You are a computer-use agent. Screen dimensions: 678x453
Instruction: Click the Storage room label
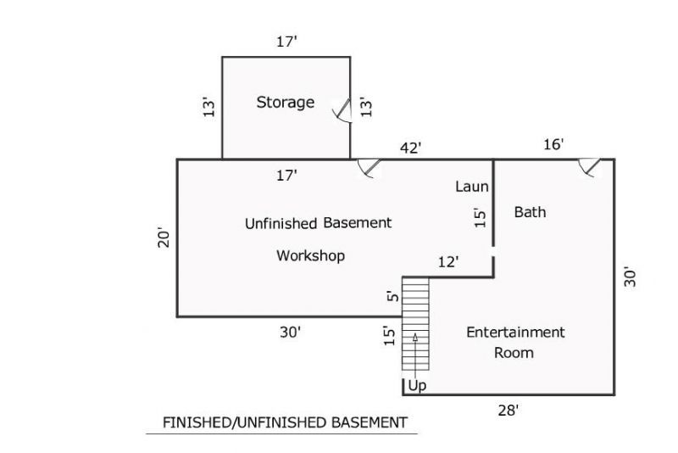(286, 103)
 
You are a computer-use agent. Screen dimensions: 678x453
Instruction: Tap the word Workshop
(310, 255)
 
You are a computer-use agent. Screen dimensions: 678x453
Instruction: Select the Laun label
(472, 187)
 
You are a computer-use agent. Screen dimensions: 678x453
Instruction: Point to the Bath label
(531, 212)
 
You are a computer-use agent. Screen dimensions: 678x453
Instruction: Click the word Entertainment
(515, 333)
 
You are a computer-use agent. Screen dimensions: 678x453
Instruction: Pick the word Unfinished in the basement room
(281, 223)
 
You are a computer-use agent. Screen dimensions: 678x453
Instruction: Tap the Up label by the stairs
(417, 385)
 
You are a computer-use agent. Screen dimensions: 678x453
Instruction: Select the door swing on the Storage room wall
(342, 110)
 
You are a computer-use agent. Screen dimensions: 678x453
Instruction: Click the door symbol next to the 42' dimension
(369, 168)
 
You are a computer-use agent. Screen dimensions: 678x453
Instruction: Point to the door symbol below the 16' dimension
(589, 167)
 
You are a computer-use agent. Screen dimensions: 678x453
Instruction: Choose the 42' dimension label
(410, 148)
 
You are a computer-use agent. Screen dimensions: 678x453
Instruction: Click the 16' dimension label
(553, 144)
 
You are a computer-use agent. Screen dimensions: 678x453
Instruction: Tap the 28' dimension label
(508, 411)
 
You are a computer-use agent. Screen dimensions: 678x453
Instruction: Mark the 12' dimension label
(448, 262)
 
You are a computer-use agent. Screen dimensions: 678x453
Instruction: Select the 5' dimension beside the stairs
(392, 296)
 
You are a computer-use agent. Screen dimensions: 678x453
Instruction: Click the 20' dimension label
(164, 238)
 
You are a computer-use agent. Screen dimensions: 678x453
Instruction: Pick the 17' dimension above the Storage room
(287, 42)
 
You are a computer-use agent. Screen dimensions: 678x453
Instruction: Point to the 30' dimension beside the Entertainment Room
(630, 277)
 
